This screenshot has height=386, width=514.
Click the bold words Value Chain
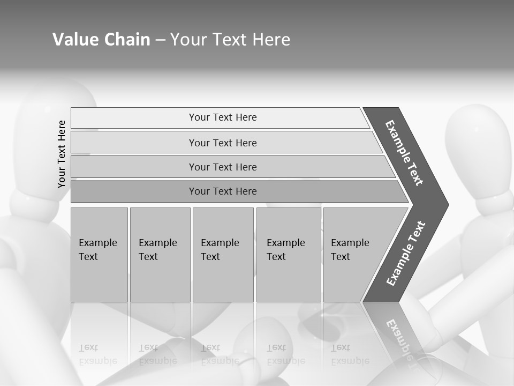(101, 40)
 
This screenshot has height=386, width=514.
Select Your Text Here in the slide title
(230, 40)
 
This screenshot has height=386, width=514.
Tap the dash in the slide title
(160, 40)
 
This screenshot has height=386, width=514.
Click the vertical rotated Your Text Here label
(62, 154)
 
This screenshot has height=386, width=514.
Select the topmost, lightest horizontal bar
(222, 117)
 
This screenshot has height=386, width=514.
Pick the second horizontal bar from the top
(222, 143)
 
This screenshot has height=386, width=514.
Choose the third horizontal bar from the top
(222, 167)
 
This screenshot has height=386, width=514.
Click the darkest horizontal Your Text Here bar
(222, 191)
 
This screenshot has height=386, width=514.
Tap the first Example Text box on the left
(99, 254)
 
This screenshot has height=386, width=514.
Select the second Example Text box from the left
(160, 254)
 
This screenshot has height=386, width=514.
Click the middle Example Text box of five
(223, 254)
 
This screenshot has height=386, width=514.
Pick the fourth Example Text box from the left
(288, 254)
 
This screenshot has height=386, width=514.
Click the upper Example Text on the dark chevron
(404, 153)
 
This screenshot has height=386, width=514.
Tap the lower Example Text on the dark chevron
(406, 254)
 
